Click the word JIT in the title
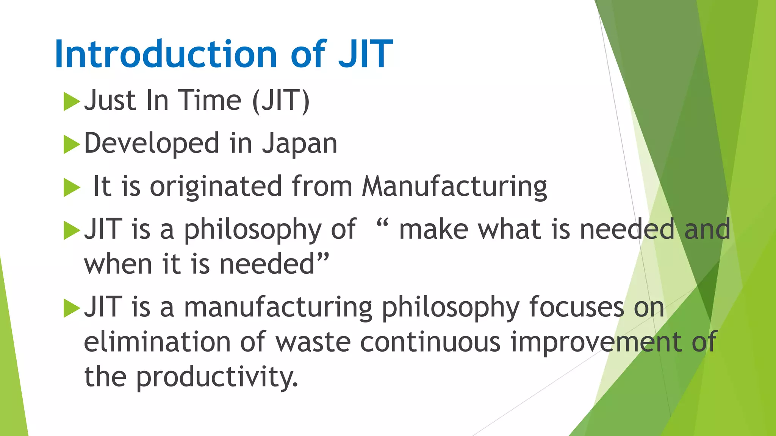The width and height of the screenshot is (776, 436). click(x=365, y=54)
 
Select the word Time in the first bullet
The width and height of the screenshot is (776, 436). click(x=210, y=101)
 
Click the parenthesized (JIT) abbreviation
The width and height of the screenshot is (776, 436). click(x=281, y=101)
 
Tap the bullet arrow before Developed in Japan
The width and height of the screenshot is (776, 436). click(x=72, y=145)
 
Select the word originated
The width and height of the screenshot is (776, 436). click(x=216, y=187)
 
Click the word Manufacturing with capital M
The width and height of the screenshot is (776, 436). click(x=454, y=187)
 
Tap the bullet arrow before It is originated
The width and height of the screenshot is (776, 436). click(x=72, y=188)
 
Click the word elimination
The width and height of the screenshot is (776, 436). click(x=157, y=342)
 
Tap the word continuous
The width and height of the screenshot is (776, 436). click(x=430, y=342)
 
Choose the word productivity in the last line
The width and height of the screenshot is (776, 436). click(x=217, y=377)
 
